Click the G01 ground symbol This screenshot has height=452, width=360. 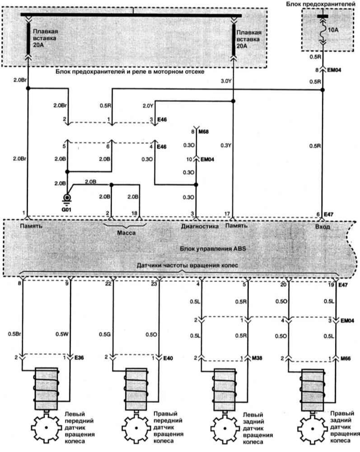(x=67, y=198)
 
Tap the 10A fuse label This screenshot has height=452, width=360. (x=333, y=30)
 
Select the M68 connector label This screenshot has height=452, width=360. (x=204, y=132)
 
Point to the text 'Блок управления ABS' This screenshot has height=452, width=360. (x=213, y=249)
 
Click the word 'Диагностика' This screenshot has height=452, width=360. (x=200, y=226)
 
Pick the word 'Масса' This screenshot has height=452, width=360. (x=126, y=233)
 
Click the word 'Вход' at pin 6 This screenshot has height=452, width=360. (x=322, y=226)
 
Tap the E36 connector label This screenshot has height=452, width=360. (x=79, y=358)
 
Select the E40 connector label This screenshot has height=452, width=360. (x=168, y=358)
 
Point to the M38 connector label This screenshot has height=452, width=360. (x=257, y=358)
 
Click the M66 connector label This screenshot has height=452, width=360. (x=346, y=358)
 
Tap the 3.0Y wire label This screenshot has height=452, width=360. (x=226, y=81)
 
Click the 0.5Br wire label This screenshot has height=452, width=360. (x=14, y=334)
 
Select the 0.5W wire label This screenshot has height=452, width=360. (x=61, y=334)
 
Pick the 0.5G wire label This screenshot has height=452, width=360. (x=104, y=334)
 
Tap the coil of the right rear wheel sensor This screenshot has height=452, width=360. (x=313, y=389)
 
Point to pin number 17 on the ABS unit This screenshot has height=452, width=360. (x=227, y=214)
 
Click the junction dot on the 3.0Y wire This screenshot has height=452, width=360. (x=233, y=101)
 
